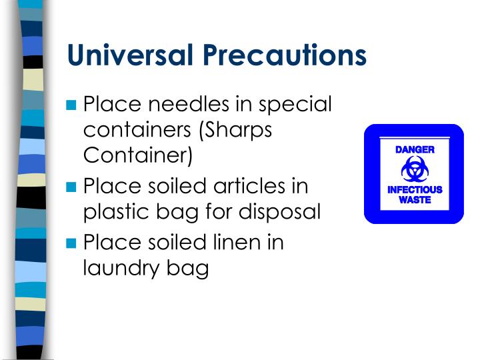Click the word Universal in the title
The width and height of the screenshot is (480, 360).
[131, 55]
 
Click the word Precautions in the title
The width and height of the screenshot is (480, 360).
[285, 55]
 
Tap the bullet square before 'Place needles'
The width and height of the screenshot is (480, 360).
[73, 105]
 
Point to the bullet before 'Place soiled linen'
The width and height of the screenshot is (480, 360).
[73, 243]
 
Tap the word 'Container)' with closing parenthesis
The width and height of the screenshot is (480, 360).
[138, 156]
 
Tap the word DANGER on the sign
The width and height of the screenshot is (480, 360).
[415, 149]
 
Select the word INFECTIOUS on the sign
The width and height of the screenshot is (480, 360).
[415, 190]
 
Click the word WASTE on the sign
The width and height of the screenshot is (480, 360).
[415, 200]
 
